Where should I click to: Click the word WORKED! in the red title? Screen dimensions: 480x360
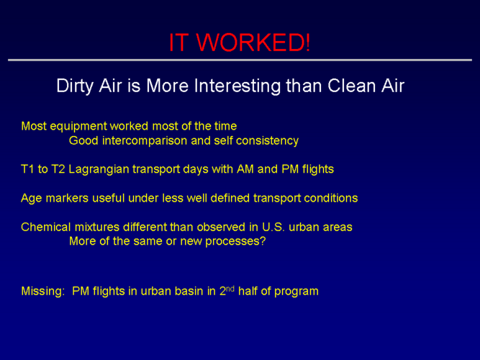253,42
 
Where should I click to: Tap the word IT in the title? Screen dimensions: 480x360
178,42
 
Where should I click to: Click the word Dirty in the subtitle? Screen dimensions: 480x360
75,86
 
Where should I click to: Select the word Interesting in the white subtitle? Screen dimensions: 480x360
237,86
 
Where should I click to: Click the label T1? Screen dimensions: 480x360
27,169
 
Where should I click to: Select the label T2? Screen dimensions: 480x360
58,169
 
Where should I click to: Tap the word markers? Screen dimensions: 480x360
67,198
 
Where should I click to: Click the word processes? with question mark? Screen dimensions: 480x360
235,242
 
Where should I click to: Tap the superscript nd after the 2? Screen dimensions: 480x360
230,288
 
